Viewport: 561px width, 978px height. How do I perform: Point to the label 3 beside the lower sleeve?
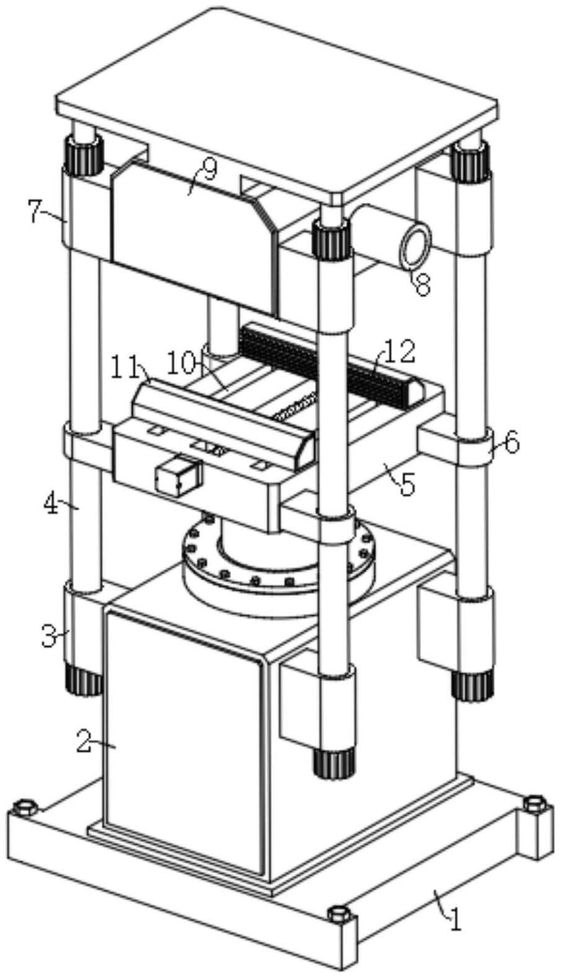50,636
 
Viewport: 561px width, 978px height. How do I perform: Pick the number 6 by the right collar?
511,443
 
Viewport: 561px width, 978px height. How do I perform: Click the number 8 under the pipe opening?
422,283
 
